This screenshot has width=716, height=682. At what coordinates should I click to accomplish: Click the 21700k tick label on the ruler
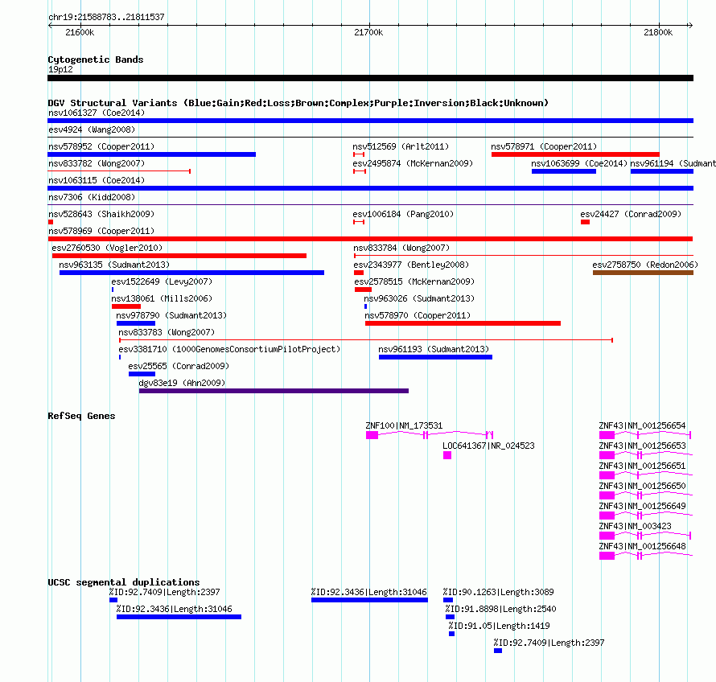(368, 32)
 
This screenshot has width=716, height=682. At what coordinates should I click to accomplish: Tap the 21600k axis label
(80, 32)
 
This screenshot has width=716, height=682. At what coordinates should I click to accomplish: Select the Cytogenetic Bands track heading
(96, 60)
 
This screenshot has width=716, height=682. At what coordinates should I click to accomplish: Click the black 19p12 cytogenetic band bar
(370, 78)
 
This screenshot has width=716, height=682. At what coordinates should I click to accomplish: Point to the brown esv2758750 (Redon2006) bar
(643, 273)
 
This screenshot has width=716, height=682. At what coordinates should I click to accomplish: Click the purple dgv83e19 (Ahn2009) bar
(274, 391)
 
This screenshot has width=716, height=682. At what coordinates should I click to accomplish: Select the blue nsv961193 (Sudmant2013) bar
(435, 357)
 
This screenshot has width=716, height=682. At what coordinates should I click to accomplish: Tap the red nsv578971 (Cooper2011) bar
(575, 154)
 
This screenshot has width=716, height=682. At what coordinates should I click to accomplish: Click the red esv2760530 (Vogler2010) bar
(179, 256)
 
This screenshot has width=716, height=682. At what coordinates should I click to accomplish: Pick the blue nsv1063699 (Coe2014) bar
(564, 171)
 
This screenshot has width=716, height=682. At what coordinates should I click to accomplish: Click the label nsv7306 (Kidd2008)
(92, 197)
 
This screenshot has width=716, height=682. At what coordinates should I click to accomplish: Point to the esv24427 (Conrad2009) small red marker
(585, 222)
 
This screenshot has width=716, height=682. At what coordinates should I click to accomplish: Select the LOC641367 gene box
(447, 455)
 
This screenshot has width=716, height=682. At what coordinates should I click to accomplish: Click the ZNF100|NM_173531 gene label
(404, 425)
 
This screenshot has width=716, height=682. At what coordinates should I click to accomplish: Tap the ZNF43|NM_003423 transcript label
(636, 526)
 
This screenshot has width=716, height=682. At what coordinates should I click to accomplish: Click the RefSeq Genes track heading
(82, 416)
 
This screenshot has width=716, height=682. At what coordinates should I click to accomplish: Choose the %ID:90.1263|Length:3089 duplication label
(498, 592)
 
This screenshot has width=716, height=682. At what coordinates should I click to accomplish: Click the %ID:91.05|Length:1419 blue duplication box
(451, 634)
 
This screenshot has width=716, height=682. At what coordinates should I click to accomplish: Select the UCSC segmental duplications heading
(124, 582)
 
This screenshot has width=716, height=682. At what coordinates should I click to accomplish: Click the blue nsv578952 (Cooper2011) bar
(151, 154)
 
